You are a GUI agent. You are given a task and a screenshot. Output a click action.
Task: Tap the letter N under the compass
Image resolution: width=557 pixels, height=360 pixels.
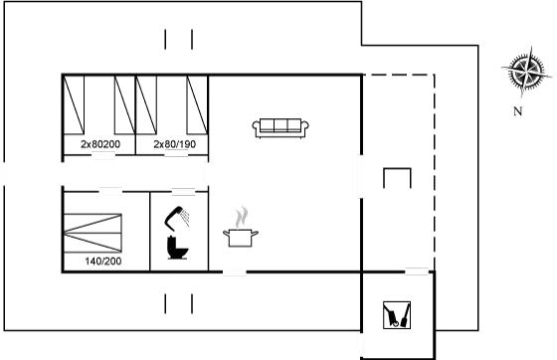[x=517, y=111]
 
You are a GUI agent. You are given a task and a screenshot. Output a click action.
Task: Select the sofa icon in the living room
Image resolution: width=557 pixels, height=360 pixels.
[x=281, y=127]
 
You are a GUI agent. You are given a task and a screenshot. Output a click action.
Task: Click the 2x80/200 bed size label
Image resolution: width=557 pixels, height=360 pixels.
[x=99, y=144]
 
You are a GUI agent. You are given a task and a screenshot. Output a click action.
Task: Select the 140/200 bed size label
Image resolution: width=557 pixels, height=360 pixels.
[x=103, y=261]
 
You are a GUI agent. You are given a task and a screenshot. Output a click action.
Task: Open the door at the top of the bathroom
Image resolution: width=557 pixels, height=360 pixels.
[x=182, y=191]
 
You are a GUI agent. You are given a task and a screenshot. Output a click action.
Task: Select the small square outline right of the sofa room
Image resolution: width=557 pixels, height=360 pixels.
[x=397, y=179]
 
